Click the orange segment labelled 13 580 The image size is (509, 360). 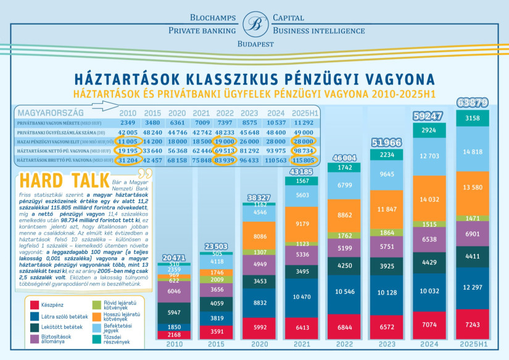tap(472, 188)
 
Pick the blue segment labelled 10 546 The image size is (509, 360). tap(341, 291)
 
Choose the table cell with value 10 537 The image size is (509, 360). tap(276, 123)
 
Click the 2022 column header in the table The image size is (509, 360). tap(225, 114)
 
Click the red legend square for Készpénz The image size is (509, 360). tap(35, 304)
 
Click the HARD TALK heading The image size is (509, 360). tap(61, 179)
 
